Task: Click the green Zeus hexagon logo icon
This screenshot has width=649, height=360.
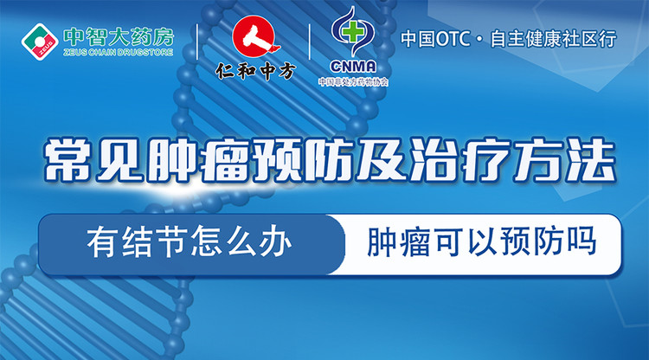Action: click(38, 40)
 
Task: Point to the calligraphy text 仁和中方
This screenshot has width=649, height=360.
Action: click(254, 72)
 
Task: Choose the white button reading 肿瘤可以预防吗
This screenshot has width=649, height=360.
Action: click(481, 242)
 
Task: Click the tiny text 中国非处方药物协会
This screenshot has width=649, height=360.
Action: click(352, 82)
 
